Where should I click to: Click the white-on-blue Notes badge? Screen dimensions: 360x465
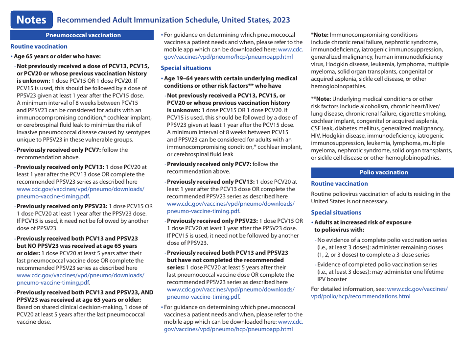point(31,20)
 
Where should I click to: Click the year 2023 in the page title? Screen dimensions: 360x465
point(279,20)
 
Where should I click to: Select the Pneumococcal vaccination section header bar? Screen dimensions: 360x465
point(83,35)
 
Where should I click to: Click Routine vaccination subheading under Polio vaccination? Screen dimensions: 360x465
point(339,184)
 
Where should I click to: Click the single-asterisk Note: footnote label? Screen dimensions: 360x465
point(321,35)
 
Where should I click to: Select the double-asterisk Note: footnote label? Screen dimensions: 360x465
point(322,99)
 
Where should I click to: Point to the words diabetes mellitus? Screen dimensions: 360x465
point(353,128)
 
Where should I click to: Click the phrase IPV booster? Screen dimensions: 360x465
point(332,279)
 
